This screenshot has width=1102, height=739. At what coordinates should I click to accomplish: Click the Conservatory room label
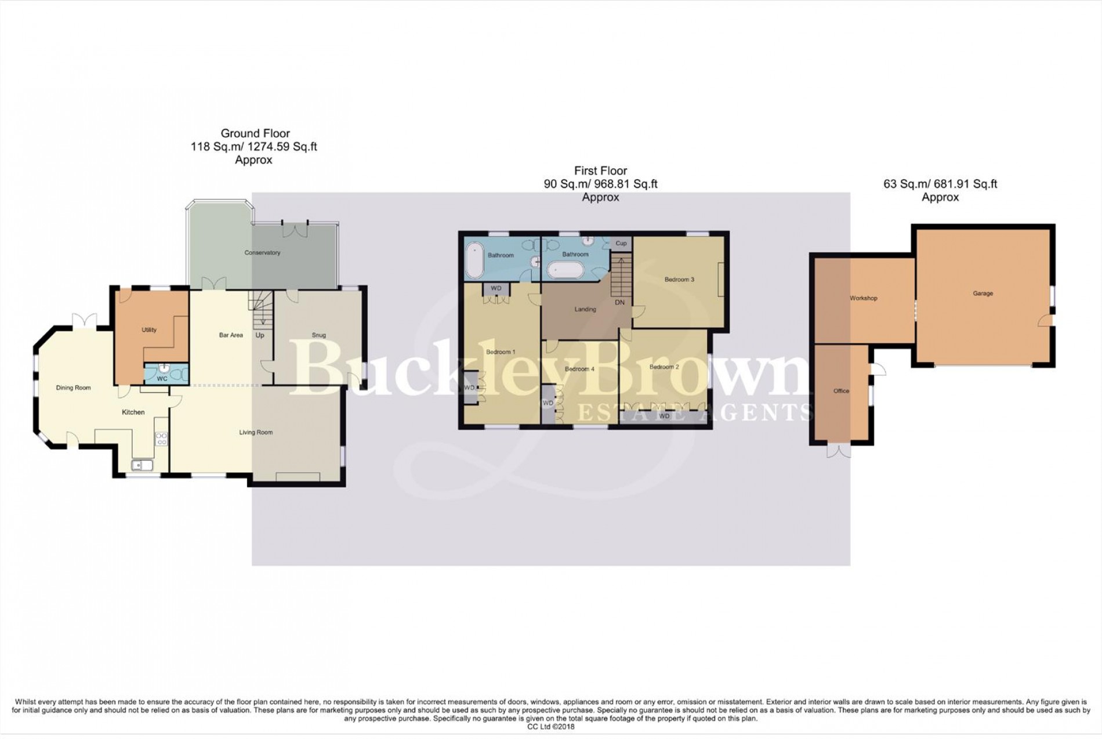point(262,253)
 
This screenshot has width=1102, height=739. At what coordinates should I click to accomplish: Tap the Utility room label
point(149,330)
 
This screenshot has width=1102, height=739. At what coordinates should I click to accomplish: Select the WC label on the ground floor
point(162,379)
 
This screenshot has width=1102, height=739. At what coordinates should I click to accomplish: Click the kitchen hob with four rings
point(161,439)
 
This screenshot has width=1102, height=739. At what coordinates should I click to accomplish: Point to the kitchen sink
point(142,465)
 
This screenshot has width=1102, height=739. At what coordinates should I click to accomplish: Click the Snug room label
point(318,335)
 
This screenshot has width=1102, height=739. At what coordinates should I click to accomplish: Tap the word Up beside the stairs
point(260,335)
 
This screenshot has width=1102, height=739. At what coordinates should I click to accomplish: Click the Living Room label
point(256,432)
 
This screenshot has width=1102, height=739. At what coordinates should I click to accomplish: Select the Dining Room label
point(73,388)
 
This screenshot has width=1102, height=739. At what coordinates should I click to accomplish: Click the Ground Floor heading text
point(255,133)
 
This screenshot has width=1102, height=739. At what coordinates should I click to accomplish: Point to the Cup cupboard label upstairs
point(621,244)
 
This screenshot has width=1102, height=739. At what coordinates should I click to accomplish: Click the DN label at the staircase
point(619,302)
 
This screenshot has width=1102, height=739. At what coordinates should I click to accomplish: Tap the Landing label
point(585,309)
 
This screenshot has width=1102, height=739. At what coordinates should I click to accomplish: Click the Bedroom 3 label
point(679,280)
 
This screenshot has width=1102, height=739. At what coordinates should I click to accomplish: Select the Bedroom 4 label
point(579,369)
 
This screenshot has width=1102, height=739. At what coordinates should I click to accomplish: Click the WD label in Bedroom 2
point(664,416)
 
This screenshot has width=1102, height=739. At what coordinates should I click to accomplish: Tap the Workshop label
point(863,298)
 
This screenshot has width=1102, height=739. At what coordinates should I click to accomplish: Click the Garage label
point(983,294)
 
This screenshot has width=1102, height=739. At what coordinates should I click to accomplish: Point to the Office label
point(841,391)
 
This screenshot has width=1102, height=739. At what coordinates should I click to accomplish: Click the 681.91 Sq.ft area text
point(963,184)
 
